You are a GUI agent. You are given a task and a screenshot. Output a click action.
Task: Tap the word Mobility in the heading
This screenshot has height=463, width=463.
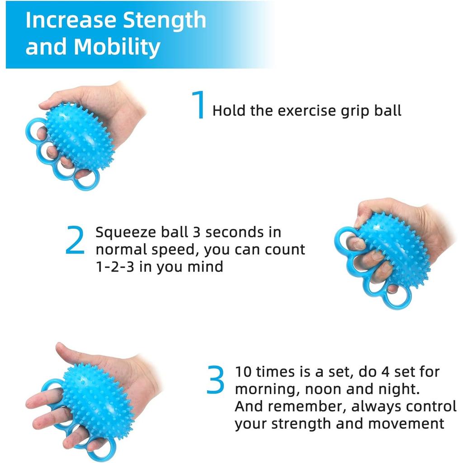click(x=117, y=47)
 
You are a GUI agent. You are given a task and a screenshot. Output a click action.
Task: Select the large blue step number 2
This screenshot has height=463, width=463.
click(x=75, y=241)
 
